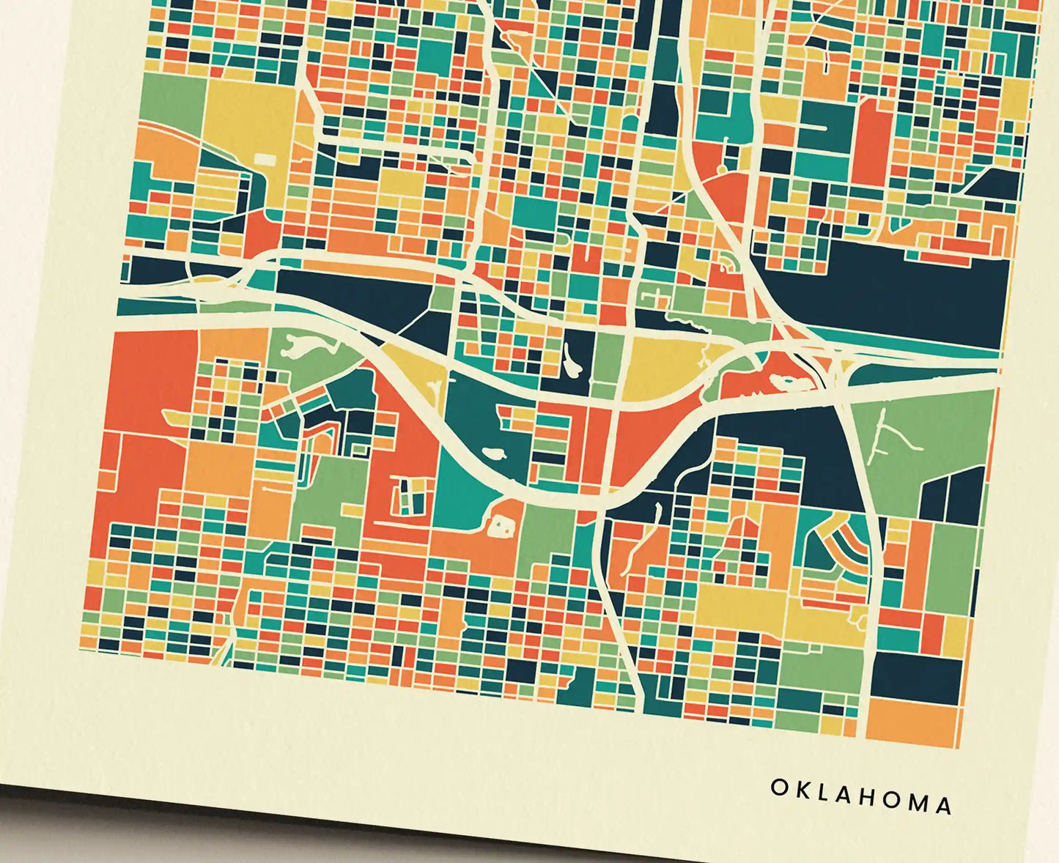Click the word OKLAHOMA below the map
(861, 796)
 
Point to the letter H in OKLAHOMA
(863, 796)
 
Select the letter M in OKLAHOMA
(916, 802)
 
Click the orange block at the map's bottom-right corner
(913, 722)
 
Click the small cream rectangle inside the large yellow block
(264, 159)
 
